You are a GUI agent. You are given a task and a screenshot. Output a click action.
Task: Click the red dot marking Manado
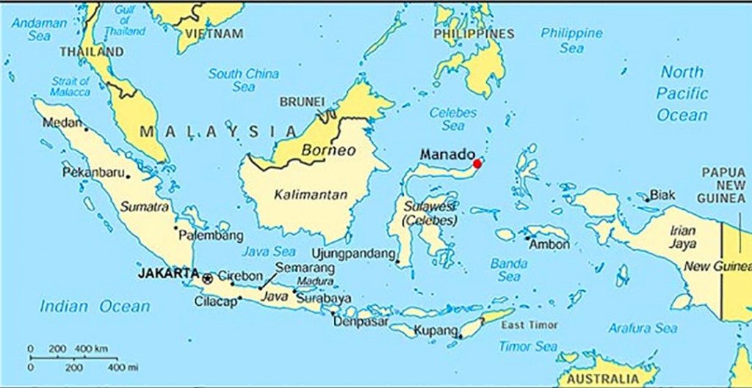(477, 164)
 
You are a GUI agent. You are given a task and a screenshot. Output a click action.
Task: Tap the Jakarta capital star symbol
(207, 278)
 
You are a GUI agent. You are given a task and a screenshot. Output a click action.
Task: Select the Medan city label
(62, 122)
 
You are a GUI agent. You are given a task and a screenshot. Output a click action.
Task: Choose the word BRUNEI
(302, 101)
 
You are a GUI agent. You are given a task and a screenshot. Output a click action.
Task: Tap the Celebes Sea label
(453, 119)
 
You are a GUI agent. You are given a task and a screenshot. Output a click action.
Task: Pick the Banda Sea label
(509, 269)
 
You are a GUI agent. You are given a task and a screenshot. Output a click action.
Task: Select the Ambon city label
(549, 245)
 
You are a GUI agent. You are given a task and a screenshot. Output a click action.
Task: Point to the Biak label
(662, 195)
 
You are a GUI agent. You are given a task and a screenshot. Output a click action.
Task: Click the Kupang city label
(435, 331)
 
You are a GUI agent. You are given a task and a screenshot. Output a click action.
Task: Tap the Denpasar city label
(361, 321)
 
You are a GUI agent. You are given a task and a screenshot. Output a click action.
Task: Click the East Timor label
(529, 324)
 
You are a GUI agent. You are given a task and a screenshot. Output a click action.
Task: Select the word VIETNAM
(214, 34)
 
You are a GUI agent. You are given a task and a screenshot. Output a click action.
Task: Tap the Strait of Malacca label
(70, 87)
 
